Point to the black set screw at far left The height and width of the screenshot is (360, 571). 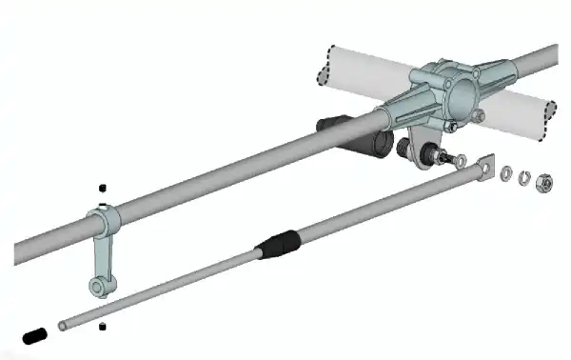[x=34, y=335]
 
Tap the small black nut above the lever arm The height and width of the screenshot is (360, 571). [x=103, y=188]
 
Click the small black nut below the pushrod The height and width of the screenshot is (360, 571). [x=103, y=328]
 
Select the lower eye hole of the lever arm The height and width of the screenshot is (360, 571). [x=97, y=285]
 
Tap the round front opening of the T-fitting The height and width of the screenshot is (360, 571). [x=462, y=92]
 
